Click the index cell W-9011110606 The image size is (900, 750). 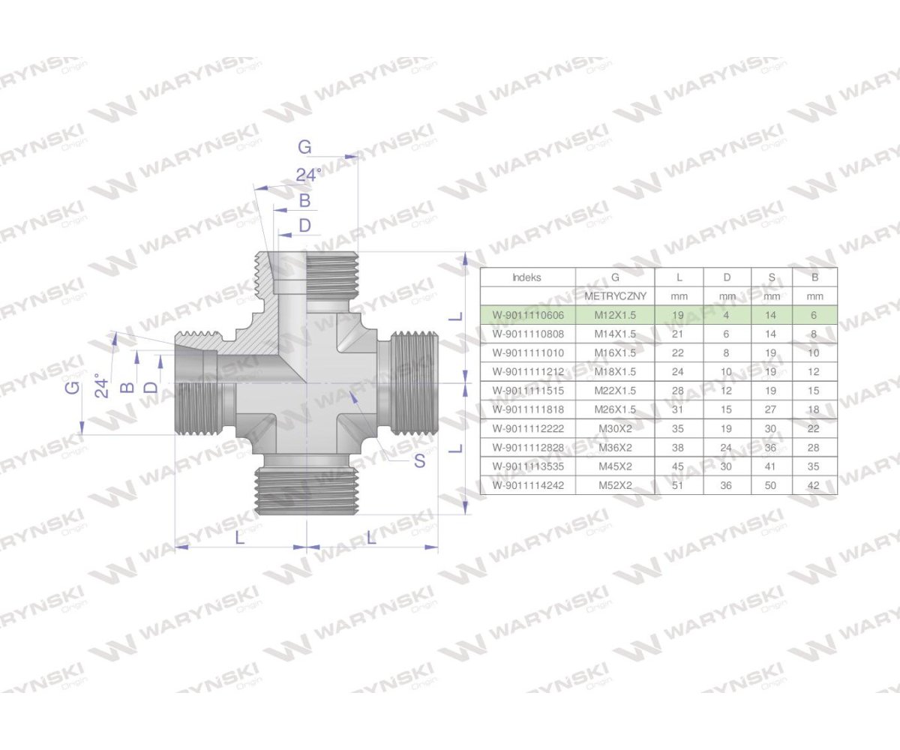pos(527,316)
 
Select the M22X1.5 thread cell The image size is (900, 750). pos(615,391)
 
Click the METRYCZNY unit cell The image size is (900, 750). pos(615,296)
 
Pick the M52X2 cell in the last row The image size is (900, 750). pos(615,485)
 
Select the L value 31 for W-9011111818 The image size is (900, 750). pos(679,409)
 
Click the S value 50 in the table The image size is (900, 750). pos(772,485)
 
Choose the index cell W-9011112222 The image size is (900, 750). pos(527,428)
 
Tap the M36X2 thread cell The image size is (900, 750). pos(615,448)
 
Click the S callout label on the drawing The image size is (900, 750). pos(419,461)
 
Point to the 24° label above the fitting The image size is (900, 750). pos(307,175)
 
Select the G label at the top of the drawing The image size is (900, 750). pos(304,148)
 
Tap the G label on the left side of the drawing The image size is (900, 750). pos(72,387)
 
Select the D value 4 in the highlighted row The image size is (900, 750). pos(727,316)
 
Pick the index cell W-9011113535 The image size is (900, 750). pos(527,466)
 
